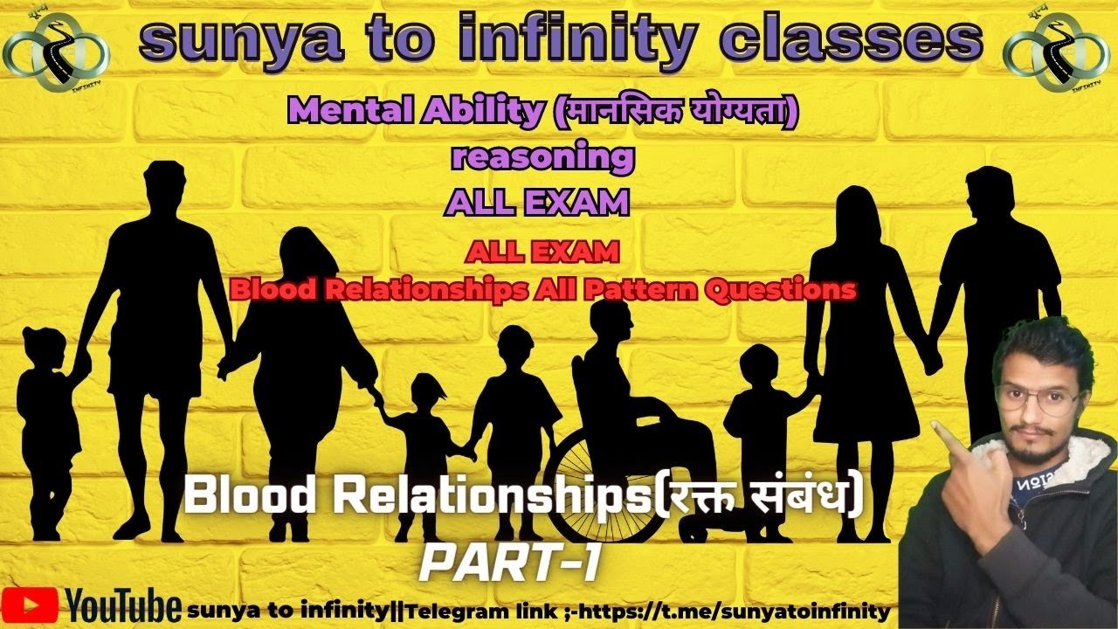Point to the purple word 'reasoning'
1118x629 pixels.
[542, 157]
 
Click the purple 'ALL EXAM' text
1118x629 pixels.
[537, 203]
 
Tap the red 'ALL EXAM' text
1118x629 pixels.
[542, 252]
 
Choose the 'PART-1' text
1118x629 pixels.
[509, 565]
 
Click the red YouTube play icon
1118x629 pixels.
[30, 605]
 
